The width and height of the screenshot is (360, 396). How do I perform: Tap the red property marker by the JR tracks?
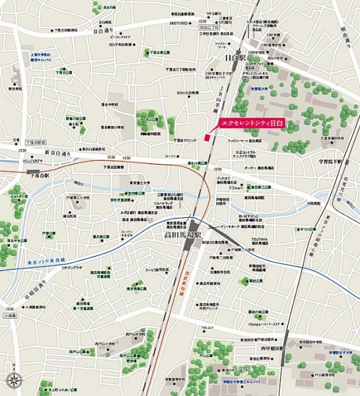[207, 137]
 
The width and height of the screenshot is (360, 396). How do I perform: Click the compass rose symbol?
[13, 379]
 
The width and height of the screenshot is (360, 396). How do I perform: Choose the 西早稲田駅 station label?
[272, 348]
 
